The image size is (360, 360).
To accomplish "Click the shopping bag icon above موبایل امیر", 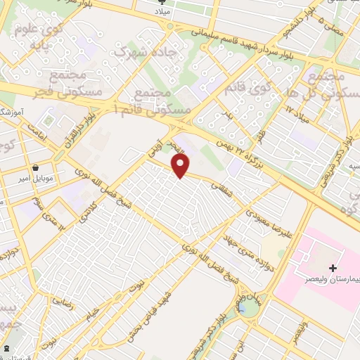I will tap(36, 168).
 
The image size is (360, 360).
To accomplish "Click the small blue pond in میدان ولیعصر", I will tap(243, 307).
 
